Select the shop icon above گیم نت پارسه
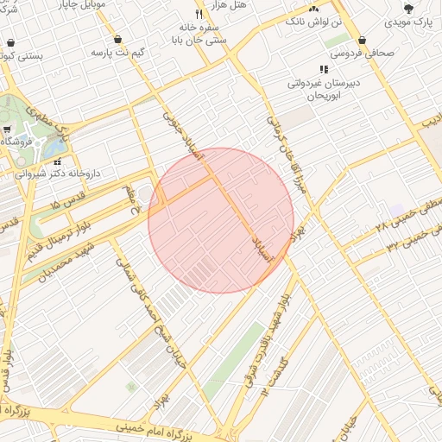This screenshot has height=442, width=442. [117, 40]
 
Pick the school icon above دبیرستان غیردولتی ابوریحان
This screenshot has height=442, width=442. [324, 69]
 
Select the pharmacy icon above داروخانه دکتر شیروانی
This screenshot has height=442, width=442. [57, 161]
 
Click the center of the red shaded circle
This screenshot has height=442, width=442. [221, 220]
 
